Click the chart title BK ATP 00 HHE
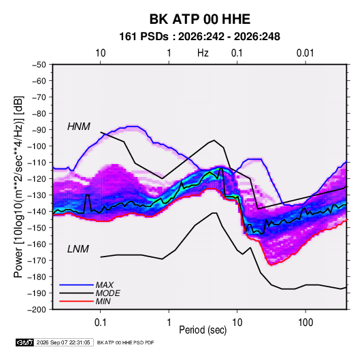199,19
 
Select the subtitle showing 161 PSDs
199,37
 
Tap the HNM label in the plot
79,127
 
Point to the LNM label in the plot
78,249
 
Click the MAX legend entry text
105,285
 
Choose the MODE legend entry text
107,293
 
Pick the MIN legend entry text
103,301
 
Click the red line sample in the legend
76,301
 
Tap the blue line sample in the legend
76,285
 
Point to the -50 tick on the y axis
39,65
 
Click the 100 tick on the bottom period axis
305,323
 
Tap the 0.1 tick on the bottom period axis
100,323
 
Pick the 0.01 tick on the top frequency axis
305,53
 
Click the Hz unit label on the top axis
203,53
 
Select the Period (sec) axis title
203,330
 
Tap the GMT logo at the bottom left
25,342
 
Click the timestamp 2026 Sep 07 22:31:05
63,342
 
